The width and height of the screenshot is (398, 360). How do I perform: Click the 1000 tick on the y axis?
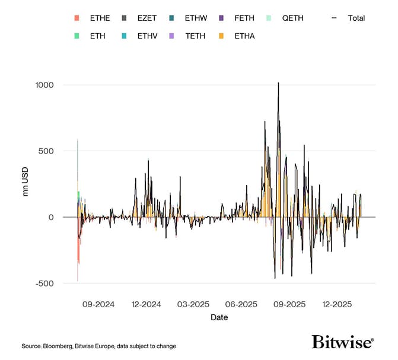click(42, 85)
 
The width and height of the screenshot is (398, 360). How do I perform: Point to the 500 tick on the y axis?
click(45, 151)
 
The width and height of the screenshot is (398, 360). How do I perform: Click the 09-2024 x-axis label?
click(96, 304)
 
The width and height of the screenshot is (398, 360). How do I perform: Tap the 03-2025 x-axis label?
click(193, 304)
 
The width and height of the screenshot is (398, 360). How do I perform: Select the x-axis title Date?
click(219, 318)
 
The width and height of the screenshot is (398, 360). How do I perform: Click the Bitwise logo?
click(343, 342)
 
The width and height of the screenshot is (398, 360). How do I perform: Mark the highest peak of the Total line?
click(278, 83)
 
